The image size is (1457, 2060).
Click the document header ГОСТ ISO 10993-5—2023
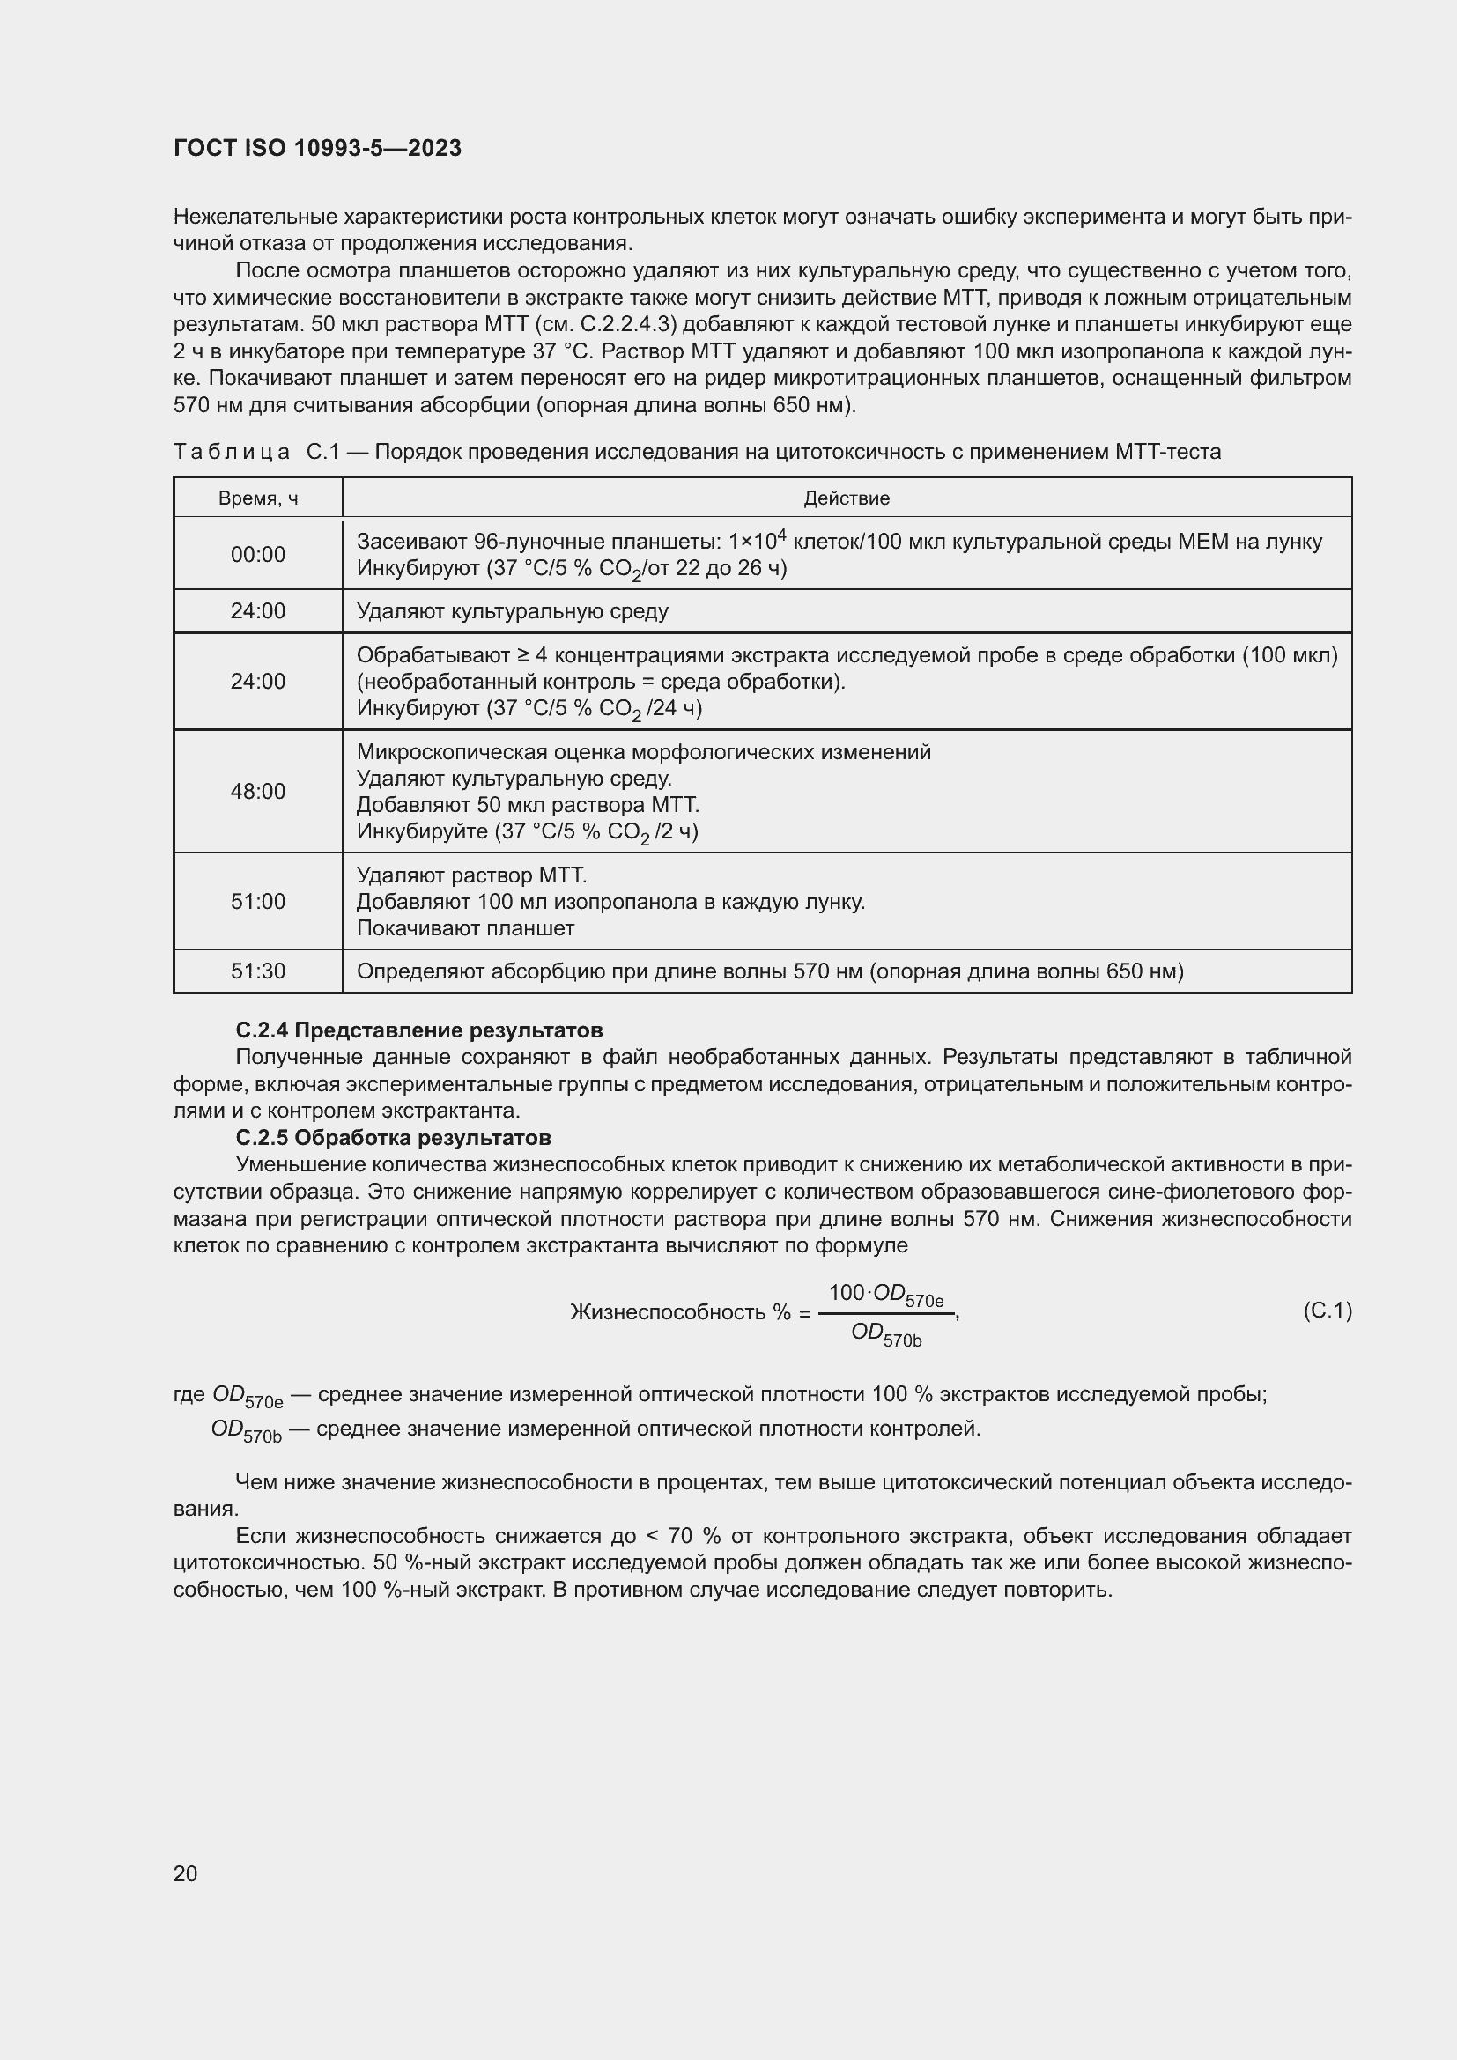(x=318, y=148)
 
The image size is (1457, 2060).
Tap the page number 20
(x=186, y=1873)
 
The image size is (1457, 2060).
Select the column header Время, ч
(x=258, y=498)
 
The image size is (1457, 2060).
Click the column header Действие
(x=846, y=498)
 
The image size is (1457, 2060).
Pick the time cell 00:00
(x=258, y=556)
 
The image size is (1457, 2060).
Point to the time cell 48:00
(x=258, y=792)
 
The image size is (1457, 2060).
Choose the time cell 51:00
(x=258, y=902)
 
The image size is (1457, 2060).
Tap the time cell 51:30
(x=258, y=971)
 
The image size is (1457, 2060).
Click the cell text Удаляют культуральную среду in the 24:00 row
(x=513, y=612)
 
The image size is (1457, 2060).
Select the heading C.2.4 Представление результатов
(x=419, y=1030)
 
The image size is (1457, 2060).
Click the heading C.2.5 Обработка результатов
(x=393, y=1138)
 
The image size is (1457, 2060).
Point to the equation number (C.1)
(x=1327, y=1311)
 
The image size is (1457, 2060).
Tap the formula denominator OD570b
(x=885, y=1335)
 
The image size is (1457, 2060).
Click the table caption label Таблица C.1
(x=256, y=452)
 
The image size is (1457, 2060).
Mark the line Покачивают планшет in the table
(x=466, y=928)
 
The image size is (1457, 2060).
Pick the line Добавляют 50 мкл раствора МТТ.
(x=528, y=805)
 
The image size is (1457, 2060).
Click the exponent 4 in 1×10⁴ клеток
(x=781, y=535)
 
